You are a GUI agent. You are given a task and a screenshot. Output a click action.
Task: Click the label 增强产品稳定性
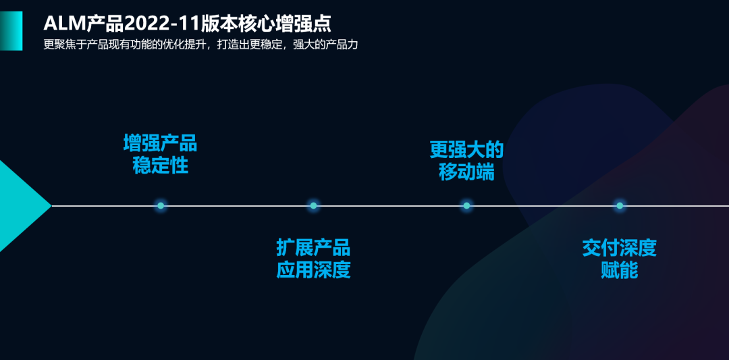[161, 155]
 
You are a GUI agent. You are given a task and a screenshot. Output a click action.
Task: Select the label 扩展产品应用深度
[313, 259]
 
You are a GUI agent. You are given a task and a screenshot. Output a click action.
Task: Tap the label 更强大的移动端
[466, 161]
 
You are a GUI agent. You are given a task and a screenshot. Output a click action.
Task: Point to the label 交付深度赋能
[619, 259]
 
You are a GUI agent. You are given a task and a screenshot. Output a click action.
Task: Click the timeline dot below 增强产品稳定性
[161, 205]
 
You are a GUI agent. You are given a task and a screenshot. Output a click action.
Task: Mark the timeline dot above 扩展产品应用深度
[313, 205]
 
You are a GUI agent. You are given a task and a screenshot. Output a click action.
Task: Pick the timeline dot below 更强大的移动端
[466, 205]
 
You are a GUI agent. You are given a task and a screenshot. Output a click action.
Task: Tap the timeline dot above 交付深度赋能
[619, 205]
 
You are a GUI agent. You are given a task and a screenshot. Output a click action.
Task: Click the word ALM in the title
[65, 23]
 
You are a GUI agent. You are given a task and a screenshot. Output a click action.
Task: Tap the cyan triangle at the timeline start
[23, 205]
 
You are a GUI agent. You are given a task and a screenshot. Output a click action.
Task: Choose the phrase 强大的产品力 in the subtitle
[325, 45]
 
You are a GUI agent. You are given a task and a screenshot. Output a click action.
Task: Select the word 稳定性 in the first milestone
[161, 165]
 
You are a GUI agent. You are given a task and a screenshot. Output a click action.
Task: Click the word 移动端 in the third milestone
[466, 172]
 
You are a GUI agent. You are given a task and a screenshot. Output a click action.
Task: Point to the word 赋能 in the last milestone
[619, 270]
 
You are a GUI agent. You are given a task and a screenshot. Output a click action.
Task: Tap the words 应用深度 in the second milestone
[313, 270]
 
